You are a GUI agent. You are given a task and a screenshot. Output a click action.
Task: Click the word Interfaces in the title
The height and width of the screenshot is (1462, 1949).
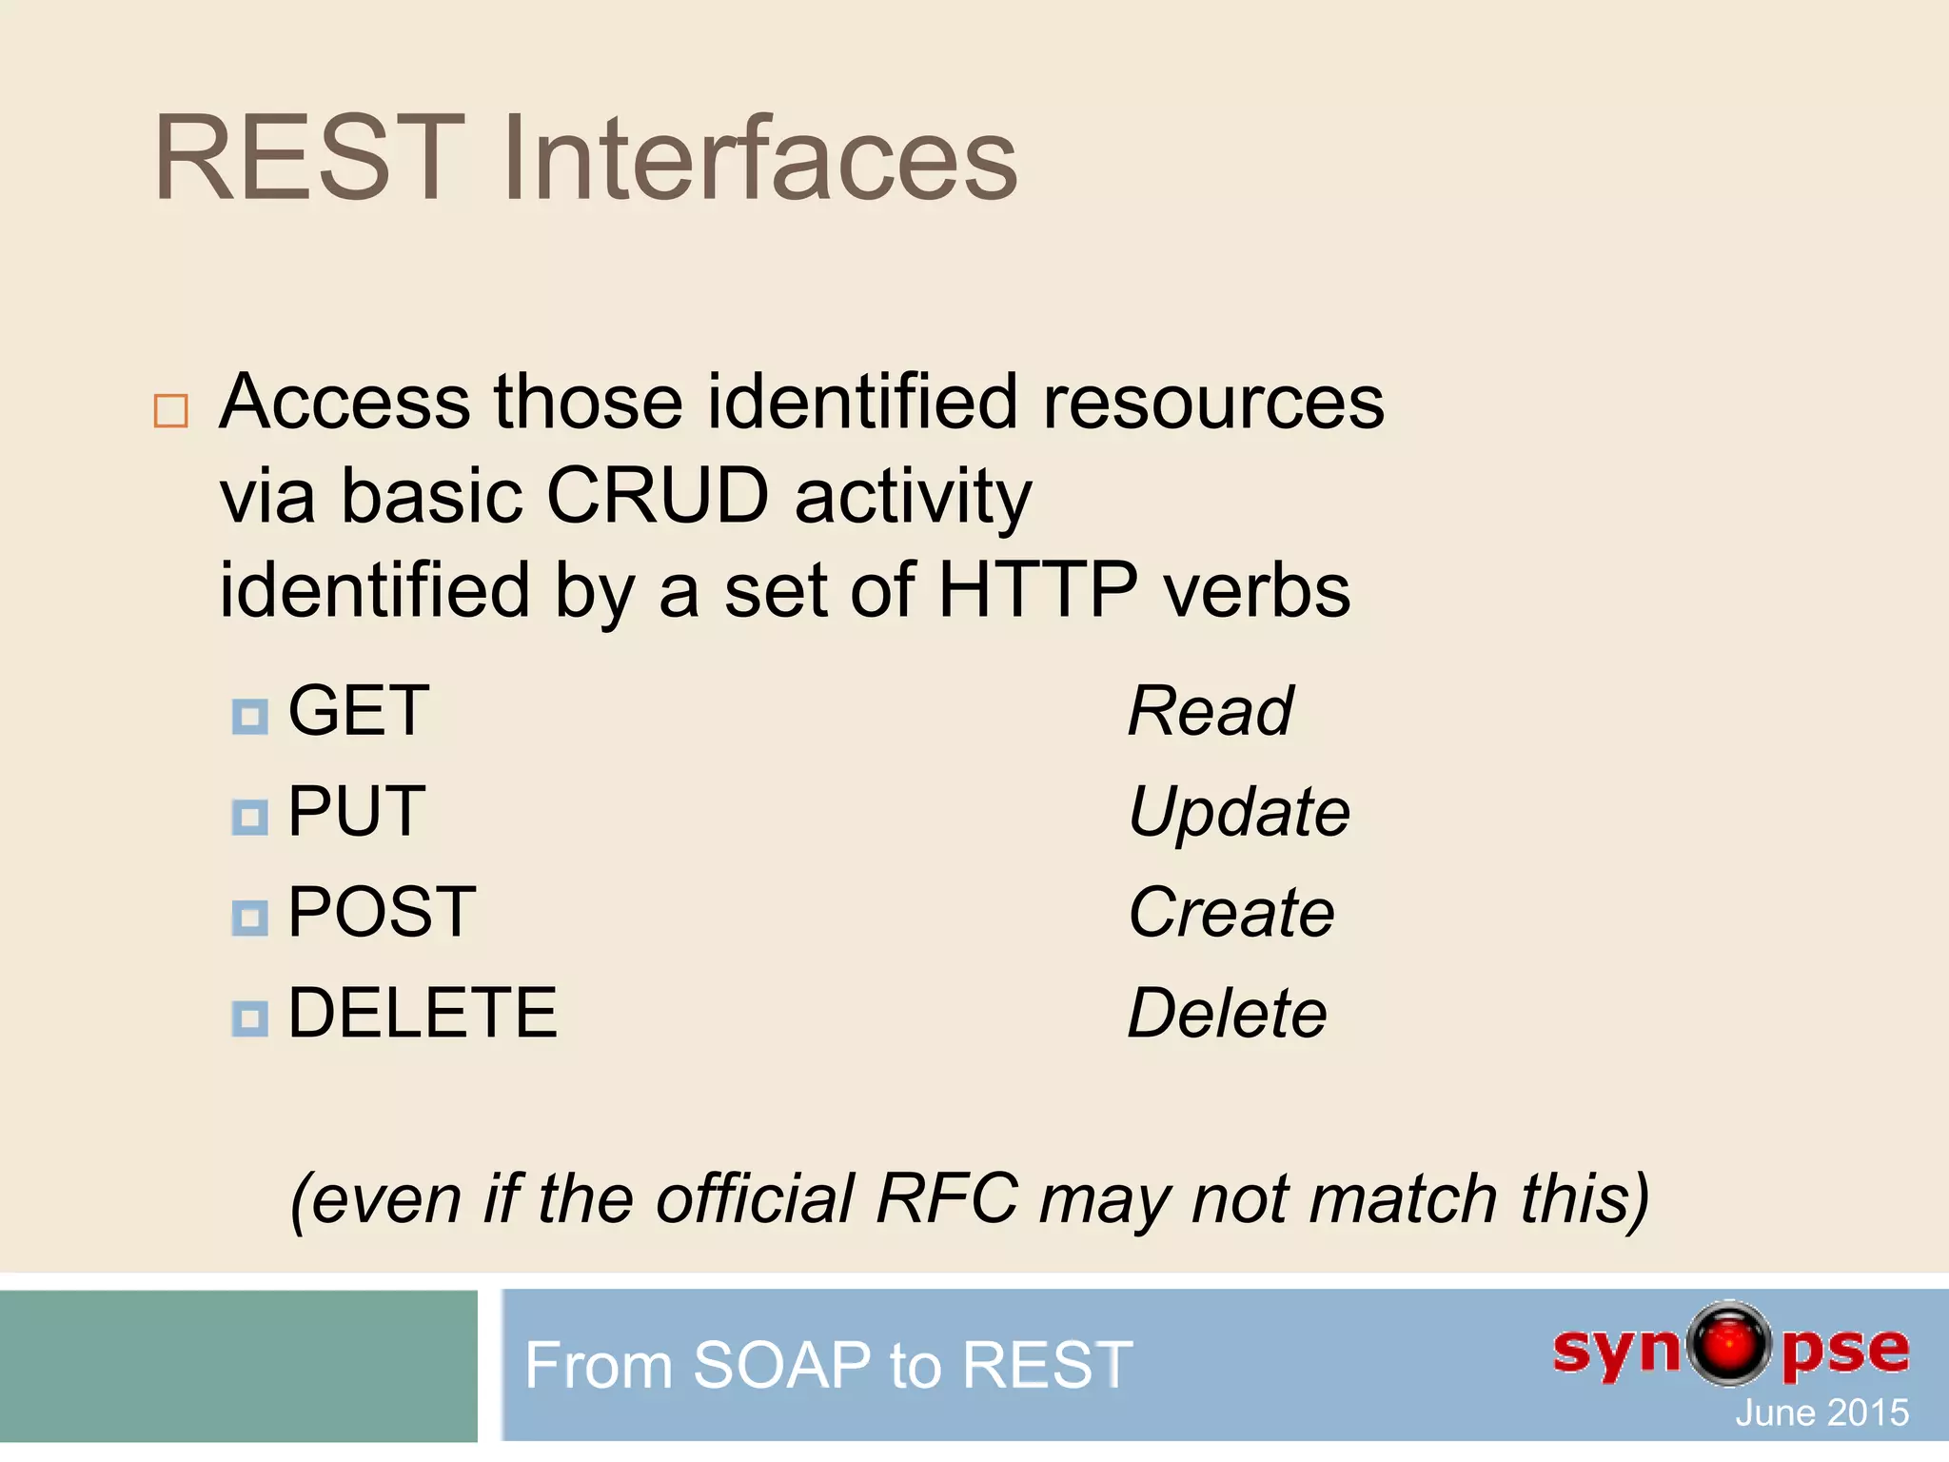[x=759, y=159]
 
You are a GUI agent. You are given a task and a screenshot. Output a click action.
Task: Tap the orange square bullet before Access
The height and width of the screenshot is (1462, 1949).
[x=171, y=411]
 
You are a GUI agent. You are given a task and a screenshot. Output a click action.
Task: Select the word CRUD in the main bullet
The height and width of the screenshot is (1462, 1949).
[x=657, y=496]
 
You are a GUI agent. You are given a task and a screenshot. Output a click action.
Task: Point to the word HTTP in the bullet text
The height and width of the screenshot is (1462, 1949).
[x=1037, y=590]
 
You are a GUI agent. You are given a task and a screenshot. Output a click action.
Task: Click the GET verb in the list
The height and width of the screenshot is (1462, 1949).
[x=359, y=711]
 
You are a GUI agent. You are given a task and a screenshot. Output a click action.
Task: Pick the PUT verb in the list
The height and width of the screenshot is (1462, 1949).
[x=356, y=812]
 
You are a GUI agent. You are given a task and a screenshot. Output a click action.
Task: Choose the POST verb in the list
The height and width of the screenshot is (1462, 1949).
[x=382, y=913]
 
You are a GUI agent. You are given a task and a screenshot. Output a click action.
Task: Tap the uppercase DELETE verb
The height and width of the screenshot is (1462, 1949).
[x=422, y=1013]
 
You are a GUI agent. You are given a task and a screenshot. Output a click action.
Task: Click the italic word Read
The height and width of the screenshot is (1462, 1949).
[x=1210, y=711]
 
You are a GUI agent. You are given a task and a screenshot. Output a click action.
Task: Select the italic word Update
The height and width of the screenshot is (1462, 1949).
[x=1238, y=812]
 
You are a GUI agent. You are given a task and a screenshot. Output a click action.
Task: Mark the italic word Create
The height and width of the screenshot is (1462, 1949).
[x=1231, y=913]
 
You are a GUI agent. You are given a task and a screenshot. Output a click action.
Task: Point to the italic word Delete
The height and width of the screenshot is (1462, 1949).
[x=1227, y=1013]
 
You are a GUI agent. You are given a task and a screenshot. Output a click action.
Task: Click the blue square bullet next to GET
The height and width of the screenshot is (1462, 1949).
[x=250, y=717]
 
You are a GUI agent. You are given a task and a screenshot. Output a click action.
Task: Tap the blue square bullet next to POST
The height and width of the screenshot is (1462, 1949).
[x=250, y=919]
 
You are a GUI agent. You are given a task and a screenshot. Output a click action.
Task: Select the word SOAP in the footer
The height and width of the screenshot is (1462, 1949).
[x=780, y=1365]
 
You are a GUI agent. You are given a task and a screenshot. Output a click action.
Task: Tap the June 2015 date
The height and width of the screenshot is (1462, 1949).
[x=1821, y=1413]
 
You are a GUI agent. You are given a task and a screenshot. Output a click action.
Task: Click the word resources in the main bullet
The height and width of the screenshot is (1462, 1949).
[x=1213, y=402]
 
